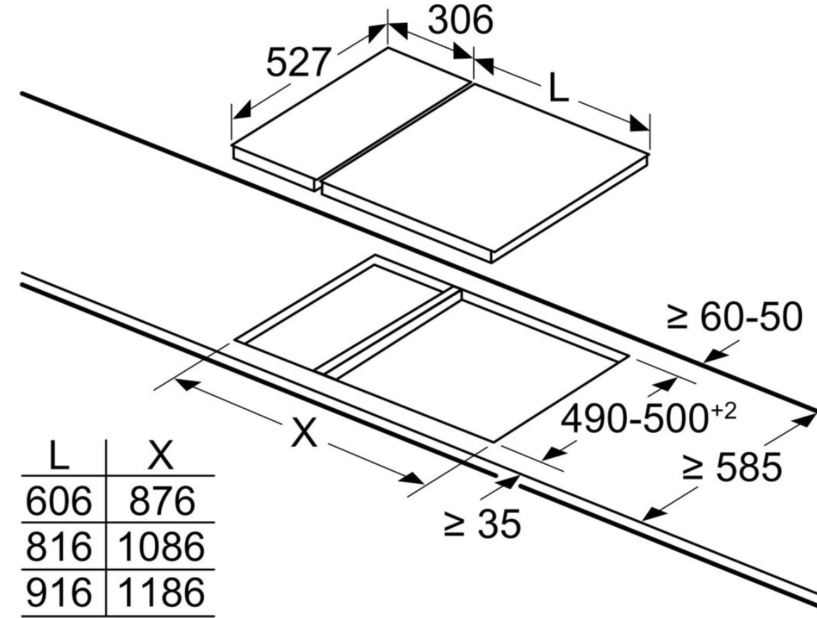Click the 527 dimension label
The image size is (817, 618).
299,62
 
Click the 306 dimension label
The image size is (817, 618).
460,20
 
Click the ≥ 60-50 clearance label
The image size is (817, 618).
735,317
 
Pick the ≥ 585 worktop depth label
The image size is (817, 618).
732,467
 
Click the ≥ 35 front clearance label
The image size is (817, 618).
482,524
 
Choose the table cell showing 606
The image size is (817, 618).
58,500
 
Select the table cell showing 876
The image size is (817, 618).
162,500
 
